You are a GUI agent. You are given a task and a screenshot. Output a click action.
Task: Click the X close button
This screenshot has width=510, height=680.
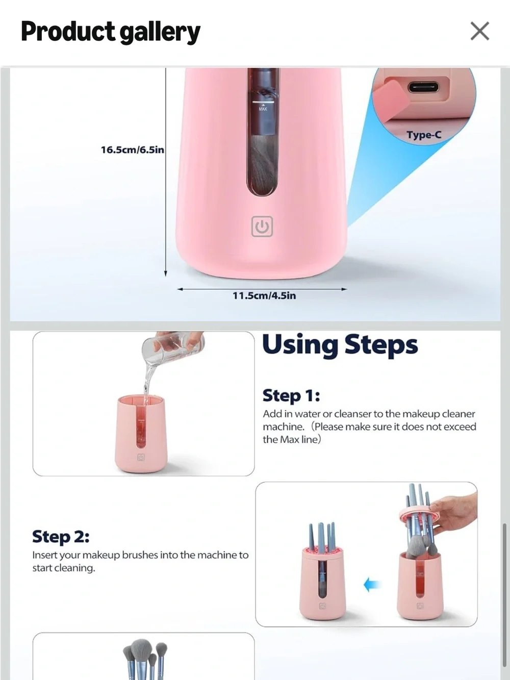click(479, 31)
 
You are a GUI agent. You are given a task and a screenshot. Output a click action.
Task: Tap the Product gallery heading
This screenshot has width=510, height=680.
click(111, 32)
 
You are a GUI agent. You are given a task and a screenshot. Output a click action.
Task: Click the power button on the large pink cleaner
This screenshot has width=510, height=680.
click(262, 226)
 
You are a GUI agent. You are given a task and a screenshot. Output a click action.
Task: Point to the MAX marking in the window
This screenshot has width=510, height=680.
click(263, 109)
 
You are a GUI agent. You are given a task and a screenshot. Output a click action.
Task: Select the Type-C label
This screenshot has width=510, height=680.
click(424, 135)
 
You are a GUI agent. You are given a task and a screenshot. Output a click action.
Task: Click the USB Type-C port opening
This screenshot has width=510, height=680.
click(423, 87)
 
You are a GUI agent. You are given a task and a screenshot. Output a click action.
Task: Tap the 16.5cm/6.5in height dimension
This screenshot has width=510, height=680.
click(132, 150)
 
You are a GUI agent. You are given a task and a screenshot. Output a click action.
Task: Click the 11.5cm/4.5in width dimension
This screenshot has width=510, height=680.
click(264, 295)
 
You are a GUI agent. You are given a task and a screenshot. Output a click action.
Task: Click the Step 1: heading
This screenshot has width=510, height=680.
click(291, 395)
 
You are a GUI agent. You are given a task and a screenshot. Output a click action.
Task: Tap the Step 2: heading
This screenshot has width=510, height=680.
click(61, 536)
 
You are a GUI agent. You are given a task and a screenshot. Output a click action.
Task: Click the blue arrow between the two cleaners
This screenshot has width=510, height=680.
click(371, 585)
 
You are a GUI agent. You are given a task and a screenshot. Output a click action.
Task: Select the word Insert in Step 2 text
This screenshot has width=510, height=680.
click(44, 555)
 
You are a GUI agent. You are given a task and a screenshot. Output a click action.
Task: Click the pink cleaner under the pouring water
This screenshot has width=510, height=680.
click(141, 434)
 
